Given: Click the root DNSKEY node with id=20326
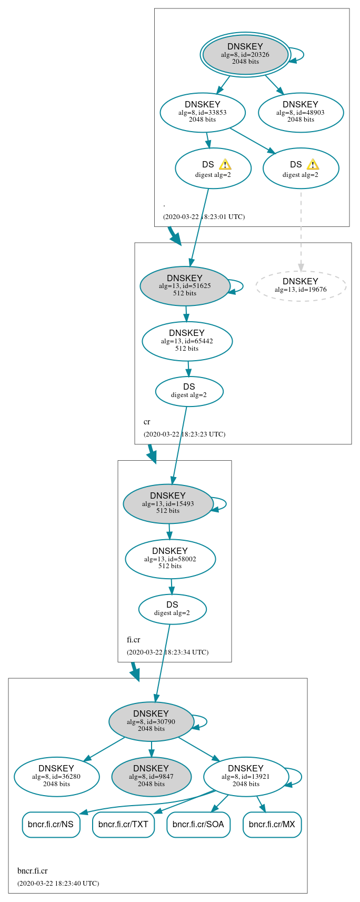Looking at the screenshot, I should [x=245, y=54].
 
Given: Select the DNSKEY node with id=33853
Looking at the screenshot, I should [x=203, y=112].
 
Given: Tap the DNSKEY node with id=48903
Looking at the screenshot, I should [x=301, y=112].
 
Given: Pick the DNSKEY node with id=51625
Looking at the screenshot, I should [x=185, y=286].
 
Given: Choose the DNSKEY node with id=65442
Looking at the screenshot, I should [x=187, y=341].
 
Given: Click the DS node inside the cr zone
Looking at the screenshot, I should [x=189, y=391].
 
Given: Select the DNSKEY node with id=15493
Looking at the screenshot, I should [x=168, y=504].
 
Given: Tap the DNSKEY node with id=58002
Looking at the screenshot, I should [x=170, y=559].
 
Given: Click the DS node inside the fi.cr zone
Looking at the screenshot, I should [x=172, y=609].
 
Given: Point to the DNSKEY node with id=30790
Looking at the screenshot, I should [x=151, y=721].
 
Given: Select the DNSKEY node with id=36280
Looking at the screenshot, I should [x=56, y=777].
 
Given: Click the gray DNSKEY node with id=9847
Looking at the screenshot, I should [x=151, y=777].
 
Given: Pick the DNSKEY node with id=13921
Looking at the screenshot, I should [x=246, y=777].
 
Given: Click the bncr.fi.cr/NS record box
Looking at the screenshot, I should [x=51, y=825].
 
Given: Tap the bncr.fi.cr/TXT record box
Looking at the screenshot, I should [x=123, y=825].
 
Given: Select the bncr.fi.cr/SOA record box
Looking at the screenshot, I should [x=198, y=825].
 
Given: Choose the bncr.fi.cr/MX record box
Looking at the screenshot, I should [x=272, y=825].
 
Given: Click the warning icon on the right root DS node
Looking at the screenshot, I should [x=313, y=164].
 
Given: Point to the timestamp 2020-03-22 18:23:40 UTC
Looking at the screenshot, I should [x=58, y=883].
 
